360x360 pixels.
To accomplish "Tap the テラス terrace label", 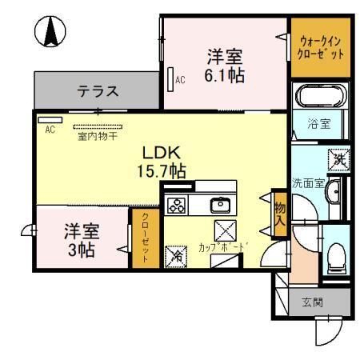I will point(98,90).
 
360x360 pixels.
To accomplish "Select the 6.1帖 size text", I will point(225,76).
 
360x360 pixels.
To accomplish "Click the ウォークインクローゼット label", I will point(322,47).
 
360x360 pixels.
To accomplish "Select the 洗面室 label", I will point(309,182).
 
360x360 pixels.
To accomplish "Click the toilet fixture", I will point(337,256).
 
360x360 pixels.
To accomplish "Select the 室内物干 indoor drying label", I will point(98,137).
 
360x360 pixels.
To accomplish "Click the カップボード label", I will point(219,247).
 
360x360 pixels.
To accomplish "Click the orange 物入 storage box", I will point(279,214).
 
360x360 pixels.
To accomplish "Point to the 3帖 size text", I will point(81,250).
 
